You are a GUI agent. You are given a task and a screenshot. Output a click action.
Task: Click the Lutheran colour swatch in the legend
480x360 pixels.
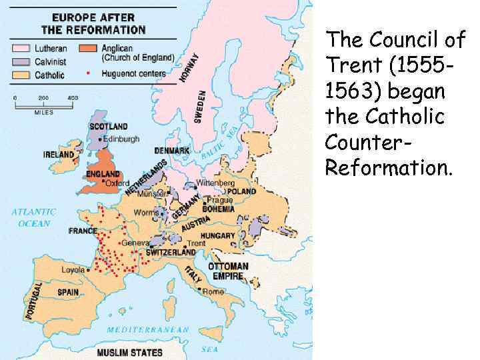(21, 48)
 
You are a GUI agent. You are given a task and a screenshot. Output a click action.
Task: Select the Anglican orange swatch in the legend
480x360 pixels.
(89, 48)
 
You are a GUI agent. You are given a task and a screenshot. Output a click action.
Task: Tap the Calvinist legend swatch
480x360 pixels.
(21, 61)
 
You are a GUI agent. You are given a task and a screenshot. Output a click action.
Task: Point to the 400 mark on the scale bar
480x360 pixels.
(73, 98)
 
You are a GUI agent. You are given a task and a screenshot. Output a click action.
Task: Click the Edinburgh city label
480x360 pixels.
(122, 139)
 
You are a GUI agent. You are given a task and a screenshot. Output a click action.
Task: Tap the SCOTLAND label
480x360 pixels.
(108, 127)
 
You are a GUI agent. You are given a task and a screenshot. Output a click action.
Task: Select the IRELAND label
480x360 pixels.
(59, 155)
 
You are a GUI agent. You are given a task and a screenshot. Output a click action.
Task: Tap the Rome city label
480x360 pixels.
(213, 291)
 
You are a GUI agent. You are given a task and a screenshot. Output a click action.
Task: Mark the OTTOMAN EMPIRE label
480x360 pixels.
(228, 271)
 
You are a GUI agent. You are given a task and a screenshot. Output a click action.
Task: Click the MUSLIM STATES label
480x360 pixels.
(129, 351)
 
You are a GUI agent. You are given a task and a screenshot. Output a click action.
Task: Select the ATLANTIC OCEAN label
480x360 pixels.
(33, 217)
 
